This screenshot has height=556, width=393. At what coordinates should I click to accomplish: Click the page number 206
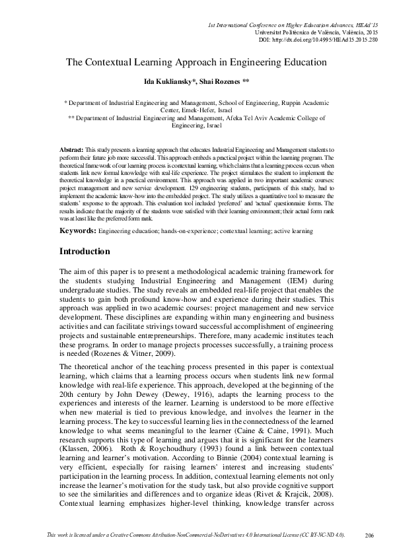tap(369, 534)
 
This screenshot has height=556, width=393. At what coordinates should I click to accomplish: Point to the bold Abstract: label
tap(71, 151)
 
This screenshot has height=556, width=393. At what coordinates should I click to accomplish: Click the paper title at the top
tap(196, 63)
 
